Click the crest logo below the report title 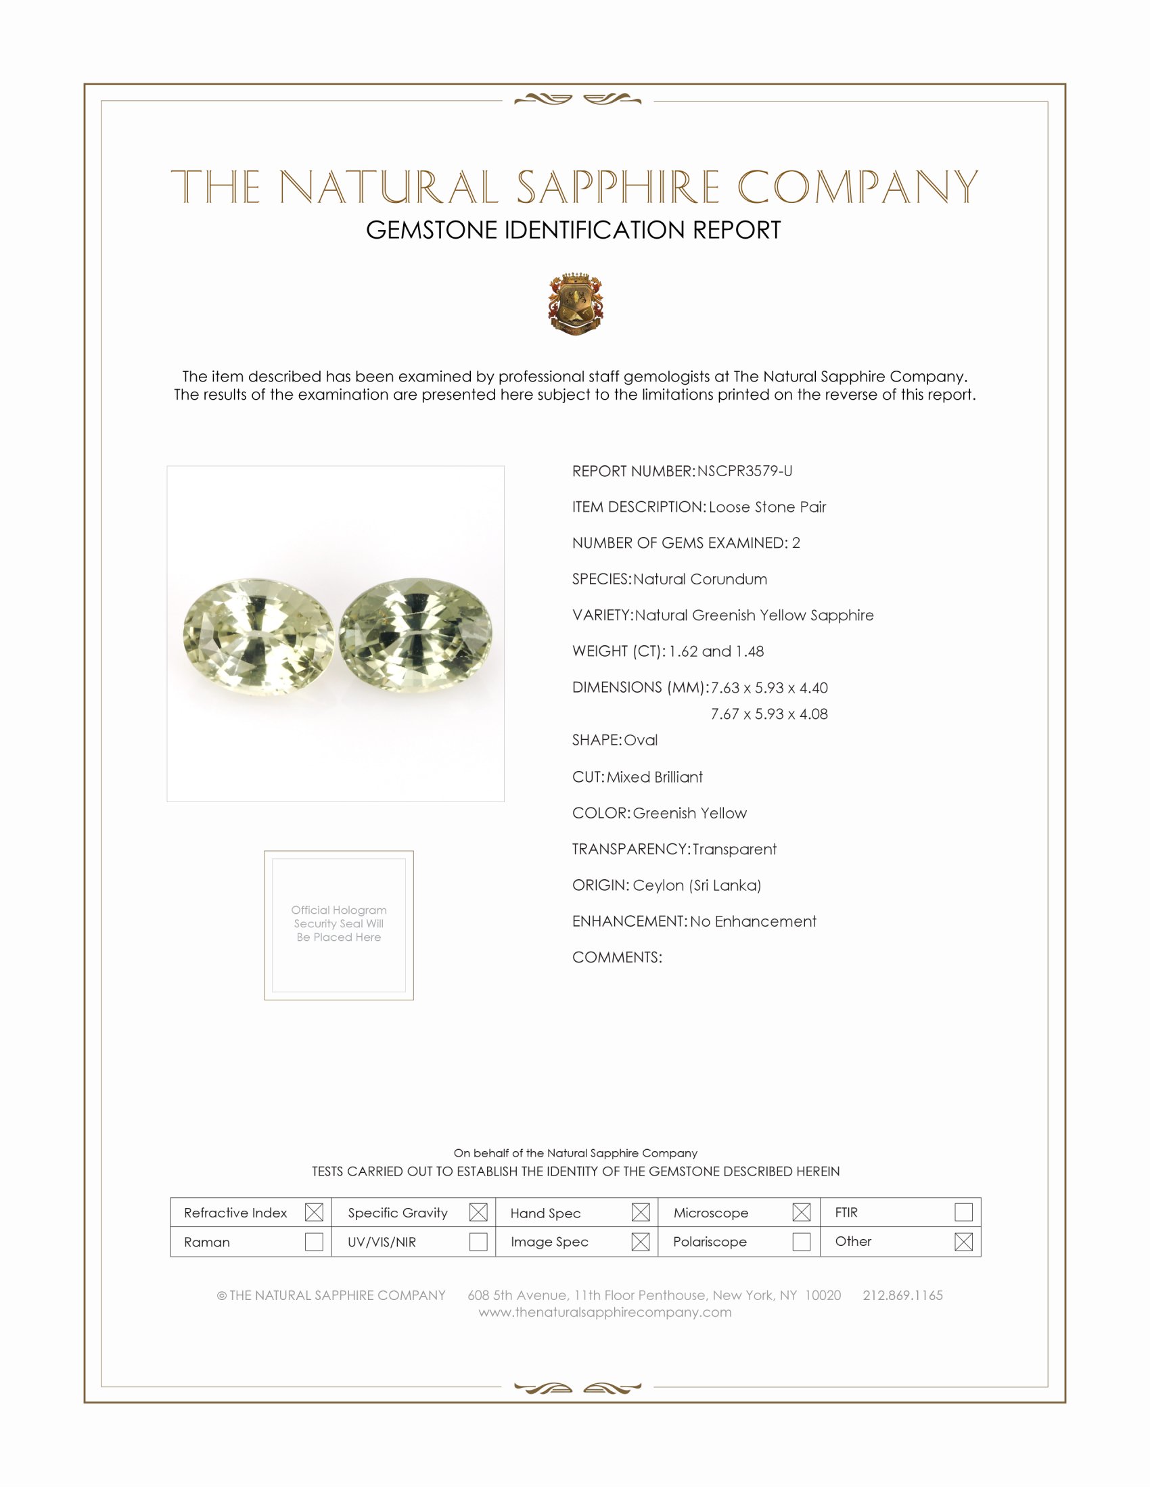576,304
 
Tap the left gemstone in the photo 259,636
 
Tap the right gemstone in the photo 415,635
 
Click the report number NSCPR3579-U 745,471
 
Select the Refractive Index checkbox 314,1212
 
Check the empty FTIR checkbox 963,1212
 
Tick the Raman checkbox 314,1241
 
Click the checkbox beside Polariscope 801,1241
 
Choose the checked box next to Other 963,1241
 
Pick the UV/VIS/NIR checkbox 478,1241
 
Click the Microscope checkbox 801,1212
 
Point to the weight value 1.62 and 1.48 716,651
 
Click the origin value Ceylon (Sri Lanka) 697,885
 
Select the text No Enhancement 753,921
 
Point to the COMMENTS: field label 617,957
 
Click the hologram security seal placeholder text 339,923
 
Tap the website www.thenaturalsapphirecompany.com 605,1312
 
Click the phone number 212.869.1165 902,1295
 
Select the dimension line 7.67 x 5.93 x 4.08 769,714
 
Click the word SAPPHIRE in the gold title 618,187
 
